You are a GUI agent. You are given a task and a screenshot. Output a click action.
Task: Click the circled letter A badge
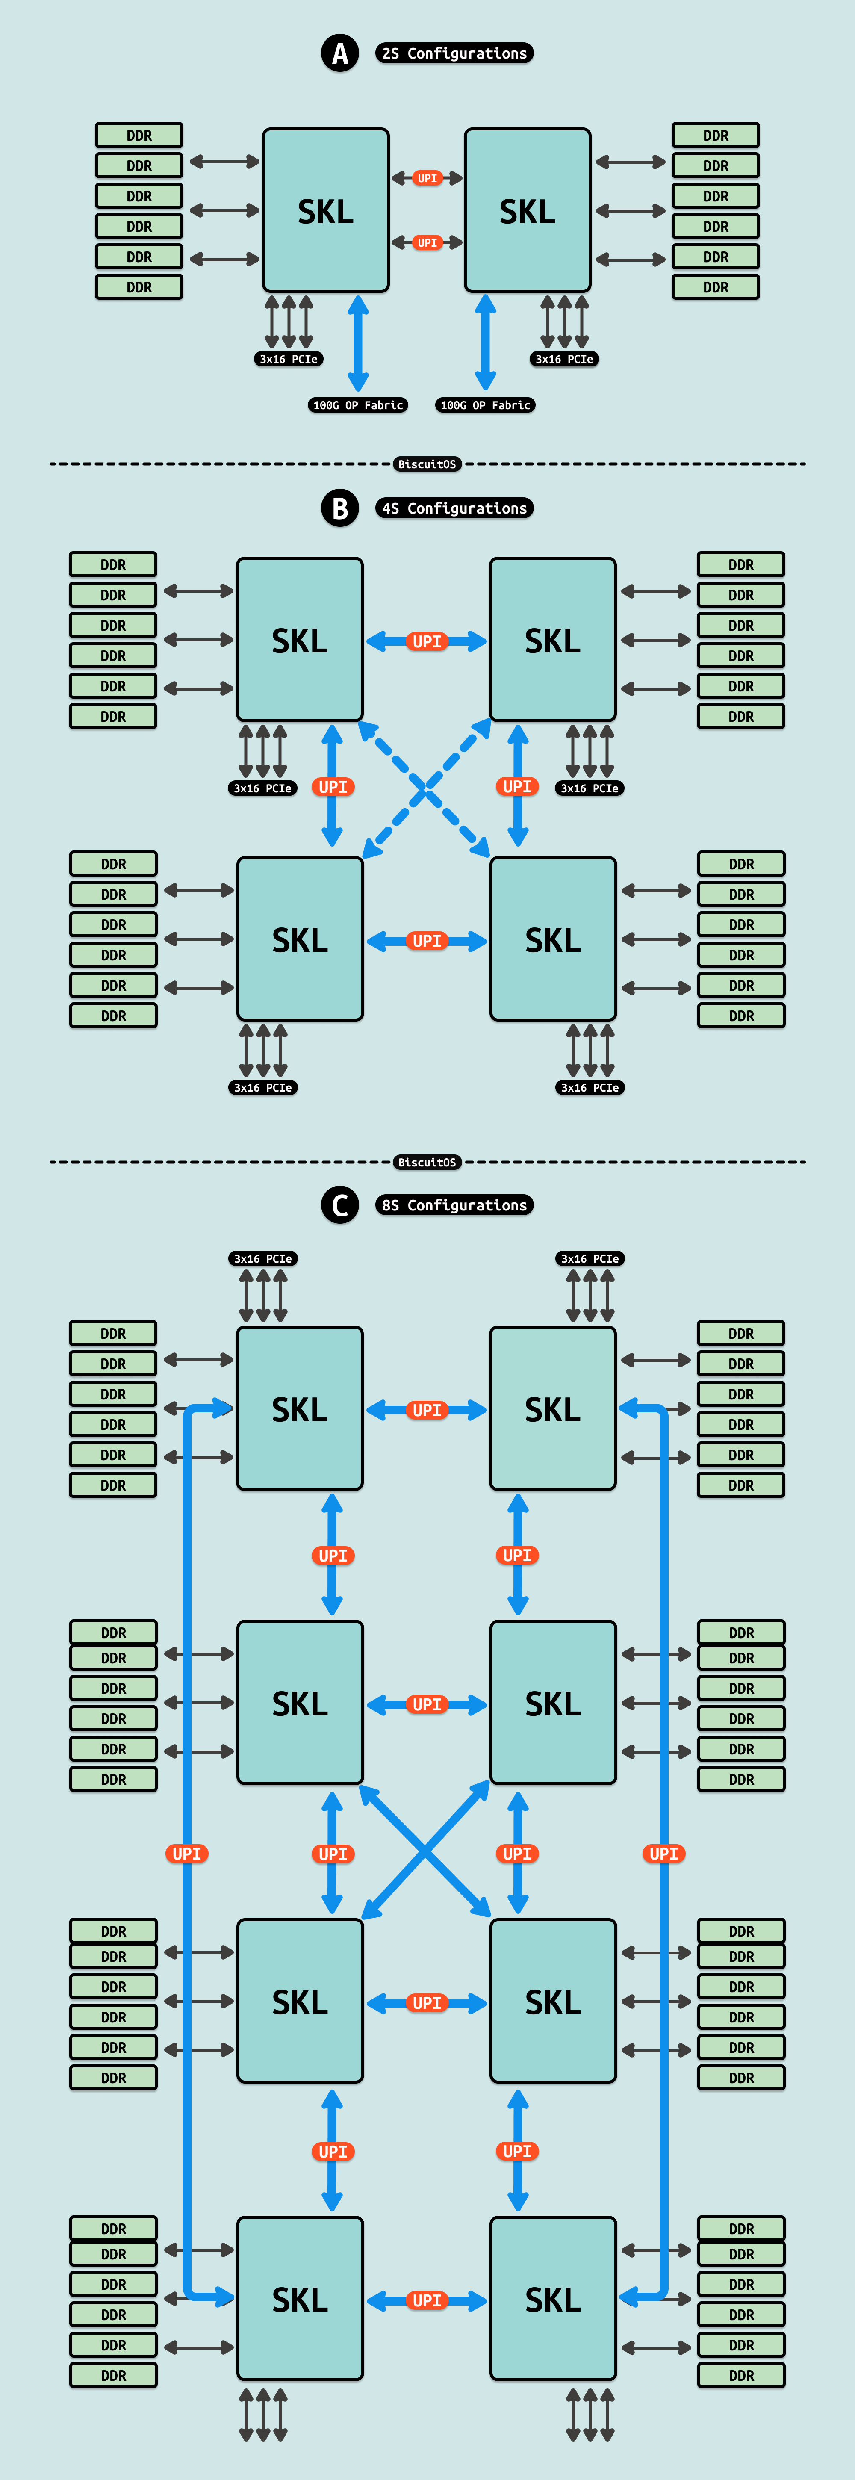340,54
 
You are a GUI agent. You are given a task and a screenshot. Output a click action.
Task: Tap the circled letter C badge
340,1205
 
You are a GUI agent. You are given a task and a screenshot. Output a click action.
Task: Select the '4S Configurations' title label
454,508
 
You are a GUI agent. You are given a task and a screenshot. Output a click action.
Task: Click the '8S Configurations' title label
454,1205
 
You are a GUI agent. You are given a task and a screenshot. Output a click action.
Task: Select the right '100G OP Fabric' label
485,405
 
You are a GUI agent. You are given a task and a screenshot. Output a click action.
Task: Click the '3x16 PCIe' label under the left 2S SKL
288,359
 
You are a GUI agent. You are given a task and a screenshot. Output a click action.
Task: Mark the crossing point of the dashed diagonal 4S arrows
425,789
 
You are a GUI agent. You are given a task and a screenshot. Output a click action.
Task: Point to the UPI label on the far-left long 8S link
187,1853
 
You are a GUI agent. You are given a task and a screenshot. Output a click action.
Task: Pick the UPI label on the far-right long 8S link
663,1853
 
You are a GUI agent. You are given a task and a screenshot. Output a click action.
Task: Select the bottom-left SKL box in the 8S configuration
299,2299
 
